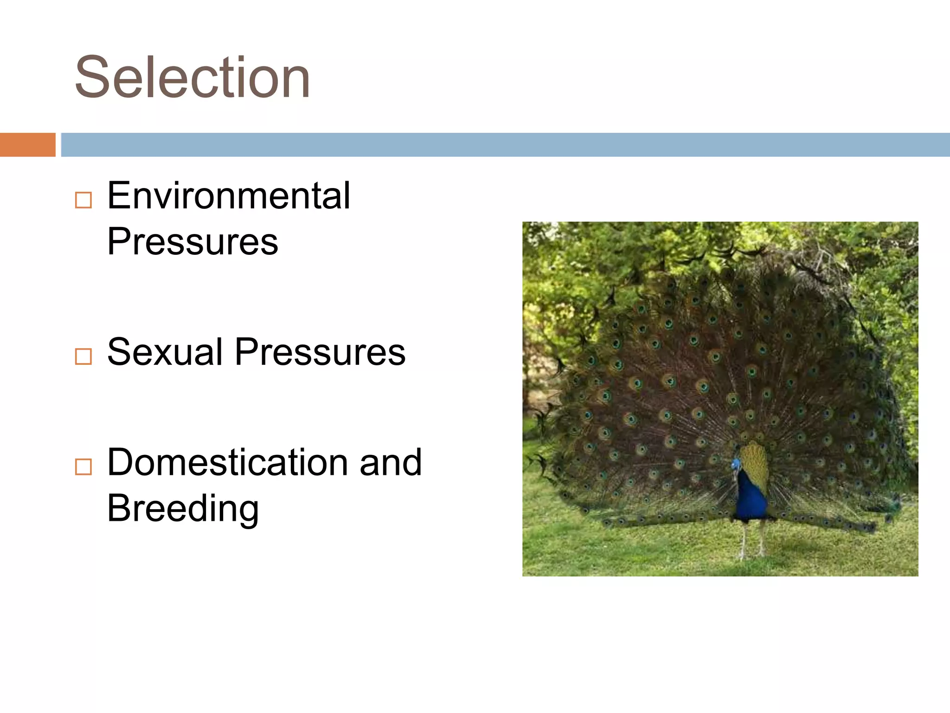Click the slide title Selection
click(192, 78)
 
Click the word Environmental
click(229, 195)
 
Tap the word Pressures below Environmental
click(193, 241)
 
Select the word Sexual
click(165, 352)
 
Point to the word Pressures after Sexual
click(320, 352)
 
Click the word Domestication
click(227, 462)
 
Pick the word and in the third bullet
click(391, 463)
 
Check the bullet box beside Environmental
click(83, 201)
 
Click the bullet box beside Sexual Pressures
click(83, 356)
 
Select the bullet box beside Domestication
click(83, 467)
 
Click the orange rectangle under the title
click(27, 144)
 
